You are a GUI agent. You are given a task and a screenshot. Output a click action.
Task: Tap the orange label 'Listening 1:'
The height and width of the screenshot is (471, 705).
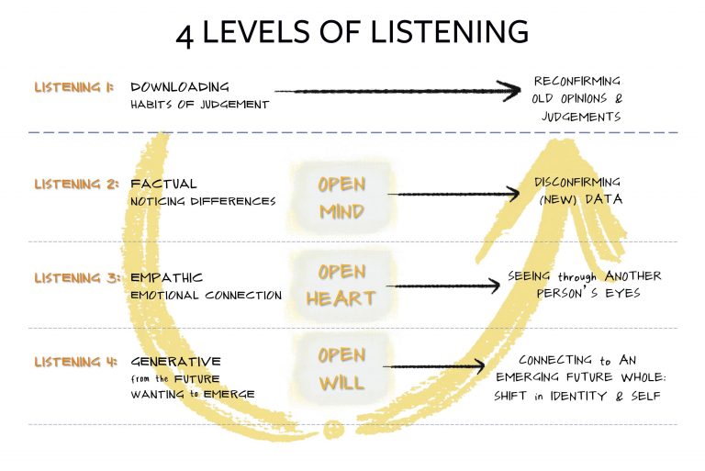tap(74, 87)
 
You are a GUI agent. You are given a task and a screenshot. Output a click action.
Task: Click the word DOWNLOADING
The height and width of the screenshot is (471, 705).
tap(180, 87)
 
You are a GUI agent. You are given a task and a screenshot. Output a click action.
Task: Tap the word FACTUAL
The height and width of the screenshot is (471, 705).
tap(164, 184)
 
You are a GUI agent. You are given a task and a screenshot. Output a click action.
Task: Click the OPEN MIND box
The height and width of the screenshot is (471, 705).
tap(341, 197)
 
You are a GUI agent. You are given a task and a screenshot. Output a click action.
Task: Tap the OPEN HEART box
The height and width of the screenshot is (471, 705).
tap(341, 285)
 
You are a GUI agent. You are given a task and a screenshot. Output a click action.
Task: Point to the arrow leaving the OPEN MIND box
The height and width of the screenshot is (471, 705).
tap(450, 195)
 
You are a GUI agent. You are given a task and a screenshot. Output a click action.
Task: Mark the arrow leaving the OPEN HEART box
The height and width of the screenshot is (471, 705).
tap(441, 285)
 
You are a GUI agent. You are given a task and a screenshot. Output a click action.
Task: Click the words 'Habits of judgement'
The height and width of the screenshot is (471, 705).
tap(199, 105)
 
